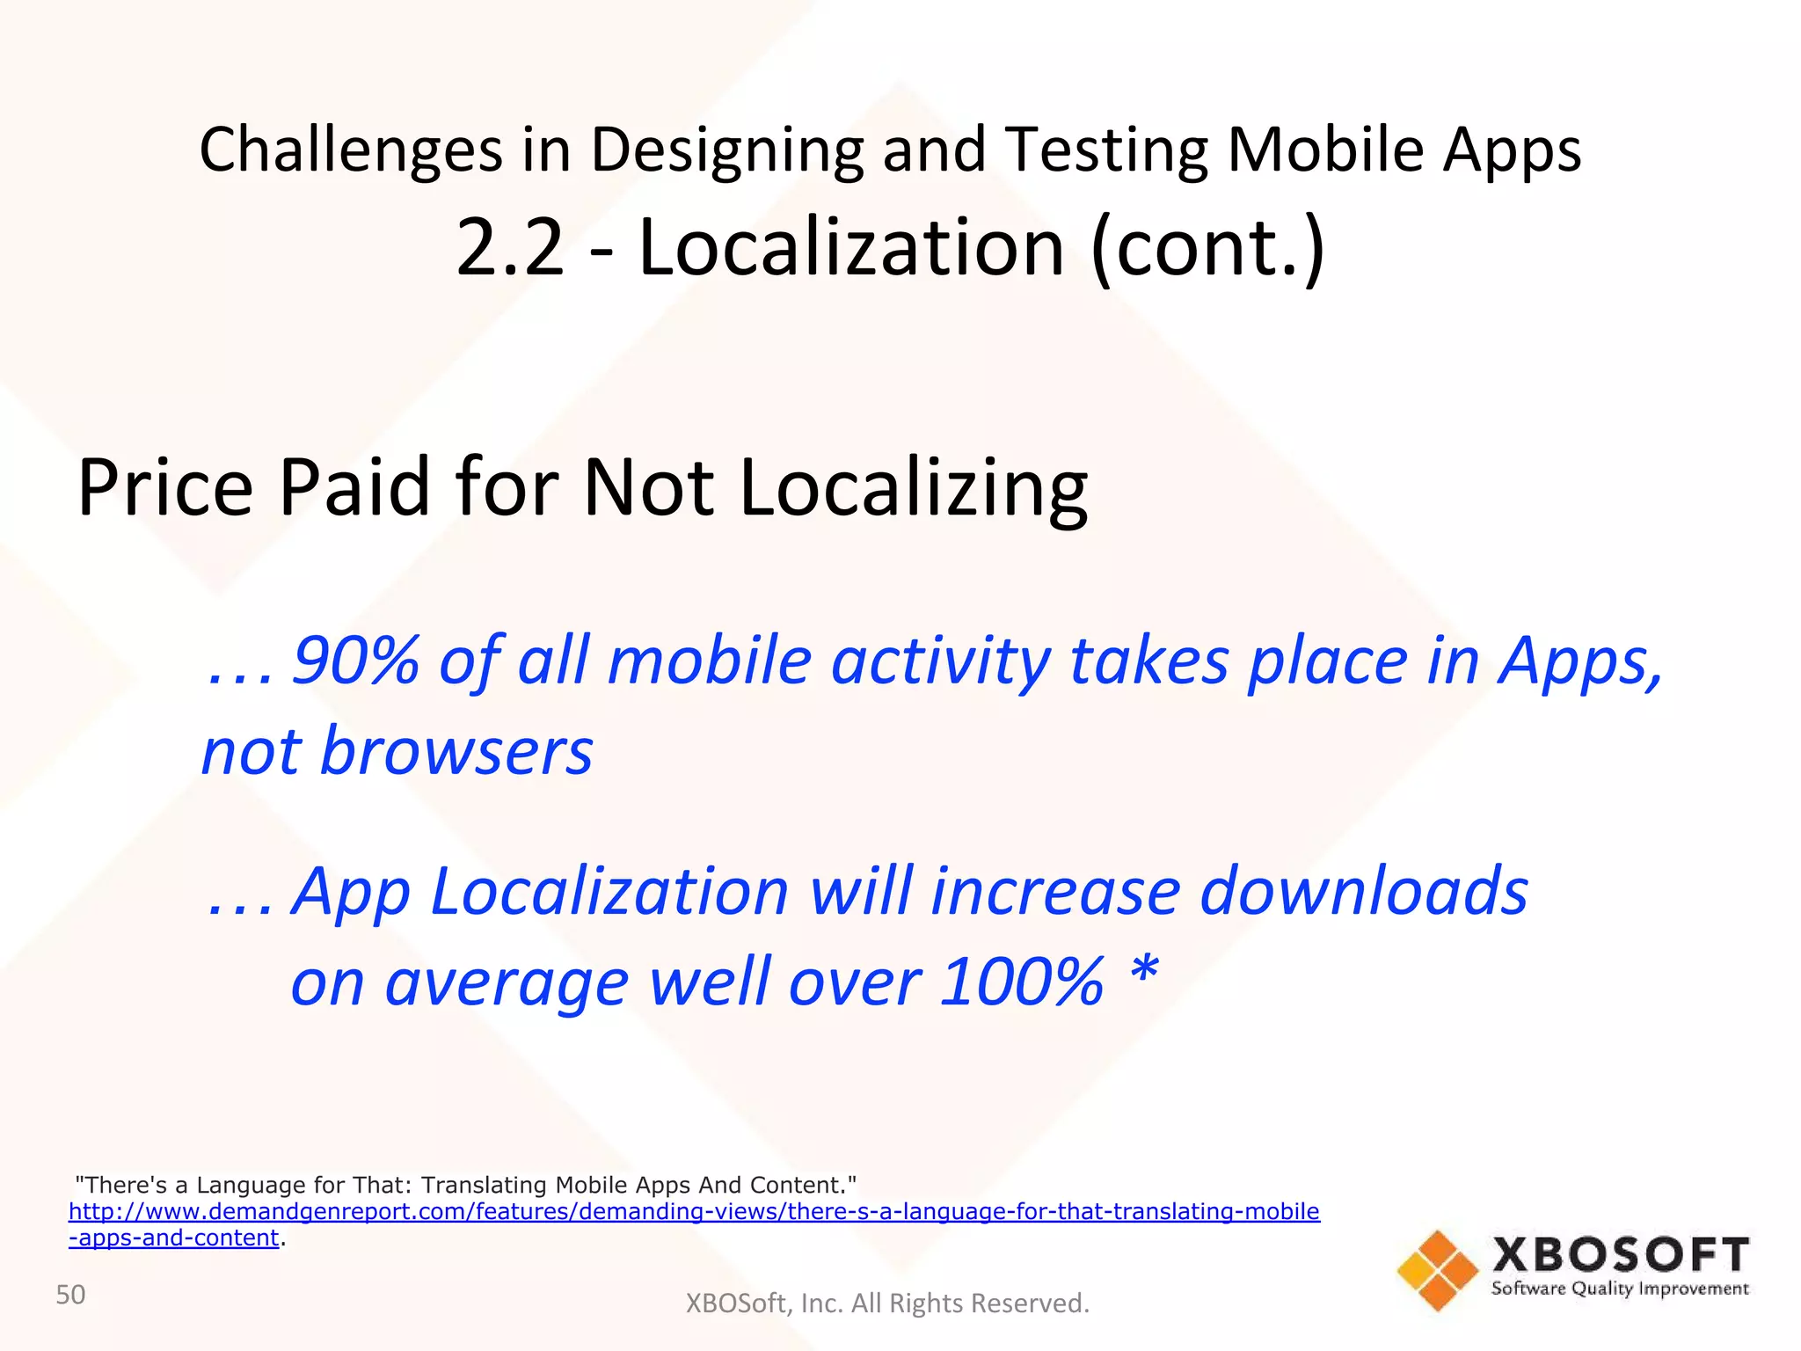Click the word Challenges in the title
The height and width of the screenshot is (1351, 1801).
pos(350,150)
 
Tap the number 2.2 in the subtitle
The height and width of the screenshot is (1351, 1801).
pos(509,248)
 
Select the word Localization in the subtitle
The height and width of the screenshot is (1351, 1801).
pos(851,248)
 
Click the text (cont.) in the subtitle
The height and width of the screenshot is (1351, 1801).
pos(1207,250)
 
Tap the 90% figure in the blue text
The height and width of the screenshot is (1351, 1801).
pos(354,661)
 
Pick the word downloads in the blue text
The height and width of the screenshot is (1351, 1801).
pos(1364,891)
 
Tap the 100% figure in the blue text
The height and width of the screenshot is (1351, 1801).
pos(1021,982)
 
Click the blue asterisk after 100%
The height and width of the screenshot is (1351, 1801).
pos(1144,973)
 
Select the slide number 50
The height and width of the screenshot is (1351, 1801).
pos(70,1295)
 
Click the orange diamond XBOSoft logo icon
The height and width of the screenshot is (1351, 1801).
pos(1437,1270)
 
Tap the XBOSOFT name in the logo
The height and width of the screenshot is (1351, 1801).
pos(1620,1255)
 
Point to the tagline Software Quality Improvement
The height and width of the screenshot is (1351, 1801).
pos(1620,1289)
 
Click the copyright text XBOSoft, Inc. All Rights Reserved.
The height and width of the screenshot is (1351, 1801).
pos(886,1303)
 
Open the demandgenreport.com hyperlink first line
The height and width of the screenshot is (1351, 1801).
pos(694,1211)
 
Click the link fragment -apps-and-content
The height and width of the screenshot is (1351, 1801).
pos(174,1238)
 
